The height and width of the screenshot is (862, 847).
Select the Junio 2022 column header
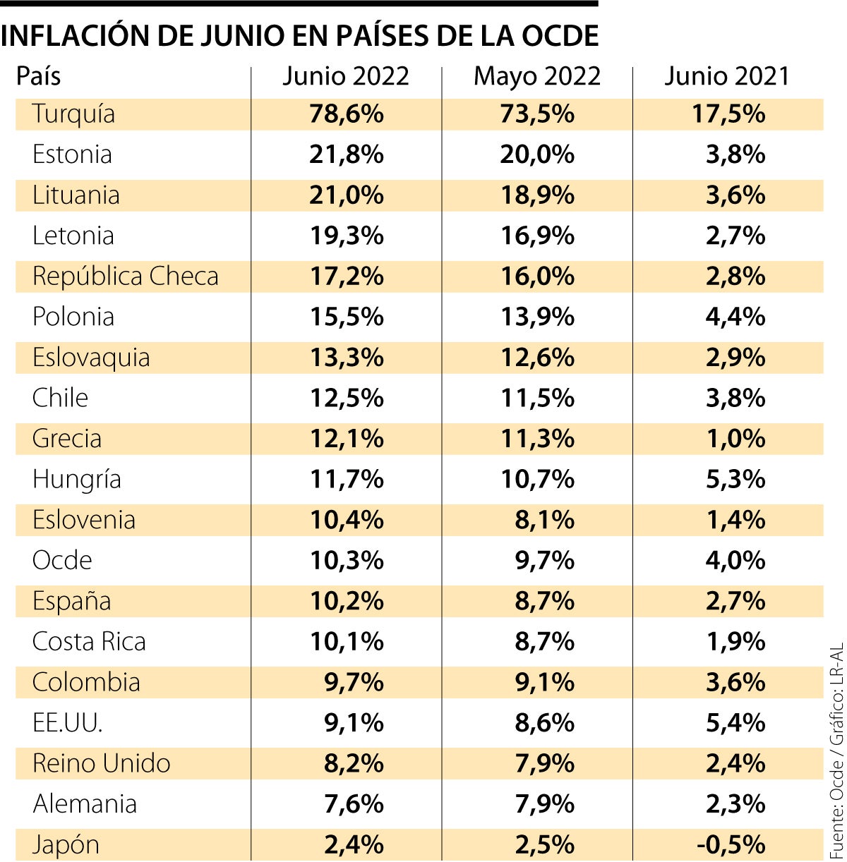click(346, 76)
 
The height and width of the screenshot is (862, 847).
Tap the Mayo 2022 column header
click(537, 76)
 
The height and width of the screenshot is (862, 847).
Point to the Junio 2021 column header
click(727, 76)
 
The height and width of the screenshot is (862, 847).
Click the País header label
click(39, 76)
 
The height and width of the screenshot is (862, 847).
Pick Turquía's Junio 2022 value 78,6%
click(347, 114)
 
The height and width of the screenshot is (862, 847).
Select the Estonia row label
click(72, 154)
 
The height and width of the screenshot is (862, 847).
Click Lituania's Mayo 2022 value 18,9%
click(537, 195)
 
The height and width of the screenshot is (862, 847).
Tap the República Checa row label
click(126, 277)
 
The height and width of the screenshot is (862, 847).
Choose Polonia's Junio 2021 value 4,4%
click(735, 317)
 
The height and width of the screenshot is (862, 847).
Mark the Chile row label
click(60, 398)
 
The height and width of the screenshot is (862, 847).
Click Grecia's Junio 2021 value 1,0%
click(735, 439)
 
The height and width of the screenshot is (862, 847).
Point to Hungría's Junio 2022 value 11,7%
click(347, 480)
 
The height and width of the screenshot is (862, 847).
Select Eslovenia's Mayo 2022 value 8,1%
click(544, 520)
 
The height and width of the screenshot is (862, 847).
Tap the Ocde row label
click(62, 561)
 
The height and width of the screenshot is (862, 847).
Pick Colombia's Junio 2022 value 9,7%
click(354, 682)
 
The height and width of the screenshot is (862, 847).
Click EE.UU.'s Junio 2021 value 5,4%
click(735, 723)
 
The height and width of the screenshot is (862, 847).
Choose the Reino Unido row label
click(102, 763)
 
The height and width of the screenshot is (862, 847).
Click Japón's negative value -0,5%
click(731, 844)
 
